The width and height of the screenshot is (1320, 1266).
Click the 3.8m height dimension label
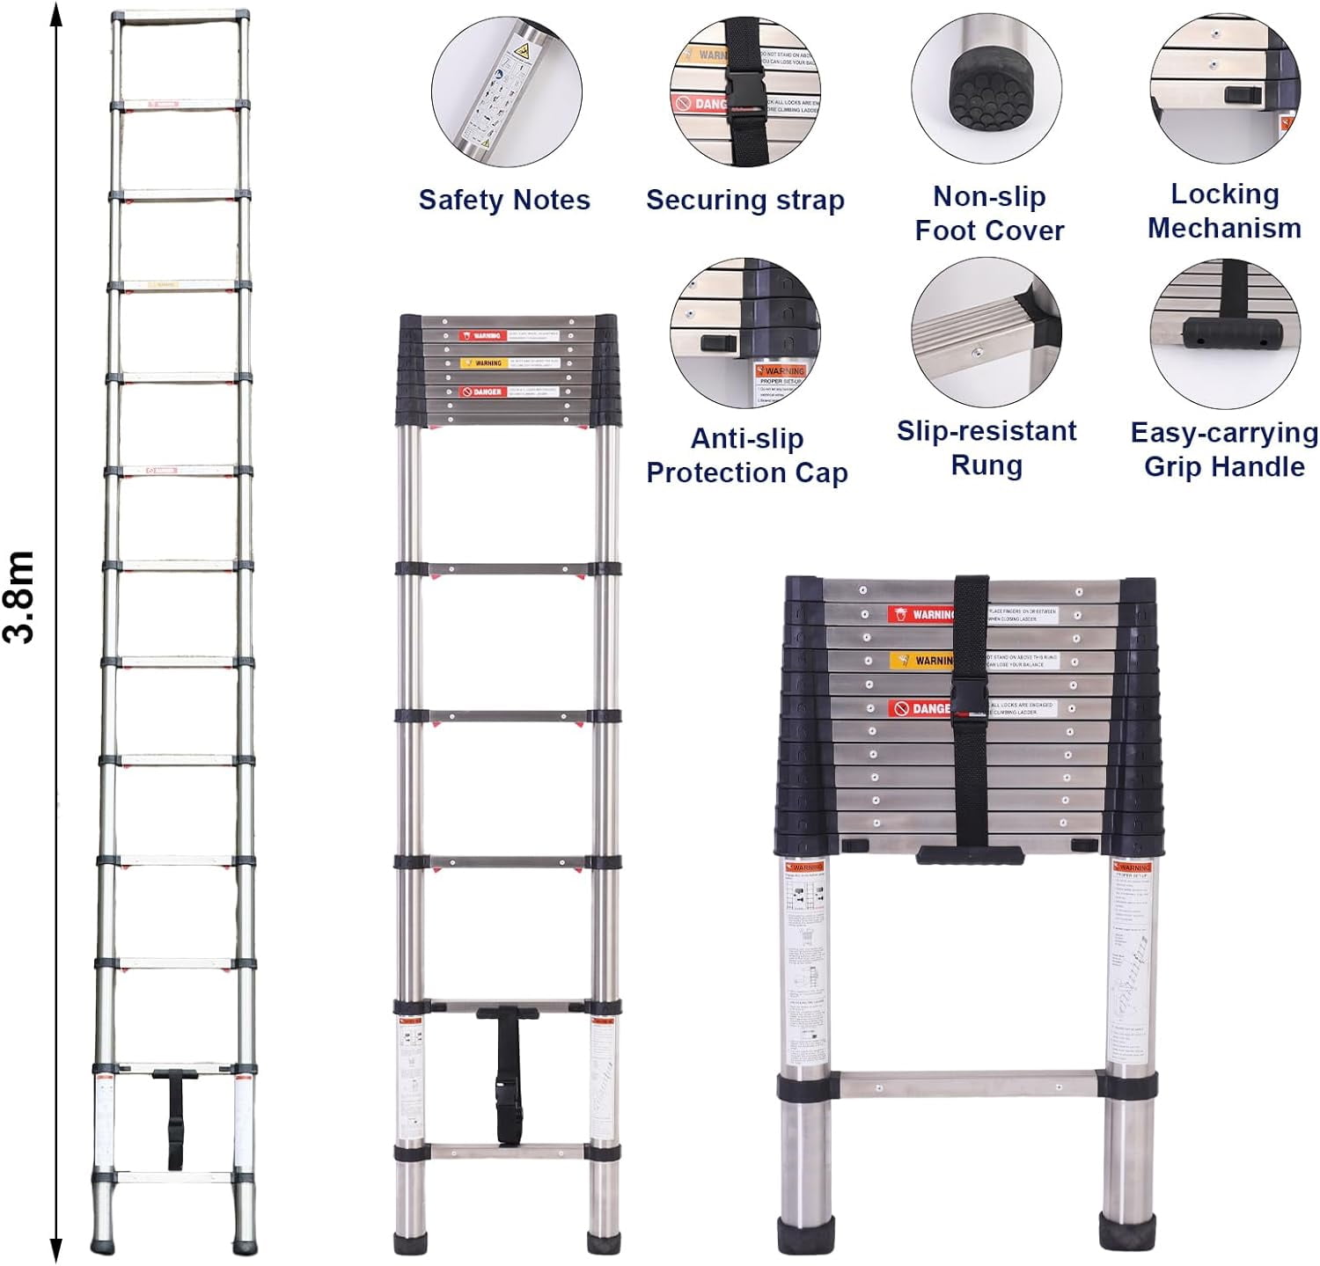coord(19,597)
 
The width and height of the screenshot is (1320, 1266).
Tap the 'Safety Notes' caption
coord(504,200)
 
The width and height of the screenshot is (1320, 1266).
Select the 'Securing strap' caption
coord(744,200)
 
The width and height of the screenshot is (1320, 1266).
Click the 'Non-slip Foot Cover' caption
coord(989,213)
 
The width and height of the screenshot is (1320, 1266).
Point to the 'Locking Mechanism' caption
coord(1224,211)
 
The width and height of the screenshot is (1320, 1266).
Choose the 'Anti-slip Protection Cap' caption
coord(746,455)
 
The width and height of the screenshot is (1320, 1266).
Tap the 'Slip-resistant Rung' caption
coord(986,448)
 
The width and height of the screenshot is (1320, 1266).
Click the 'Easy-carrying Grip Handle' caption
coord(1224,450)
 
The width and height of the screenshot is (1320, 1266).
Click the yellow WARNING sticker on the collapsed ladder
coord(920,660)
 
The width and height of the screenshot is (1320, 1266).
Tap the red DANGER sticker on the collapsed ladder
coord(920,708)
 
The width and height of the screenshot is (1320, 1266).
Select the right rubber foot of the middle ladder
coord(604,1241)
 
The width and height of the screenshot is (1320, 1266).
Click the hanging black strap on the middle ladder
coord(508,1078)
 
